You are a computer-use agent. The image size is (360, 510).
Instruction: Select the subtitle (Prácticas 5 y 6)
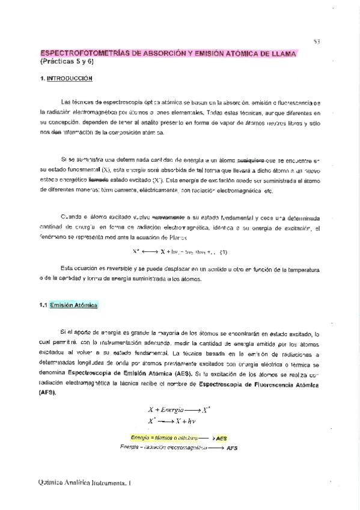tap(68, 63)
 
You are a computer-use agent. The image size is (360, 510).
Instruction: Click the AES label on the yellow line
tap(222, 438)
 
